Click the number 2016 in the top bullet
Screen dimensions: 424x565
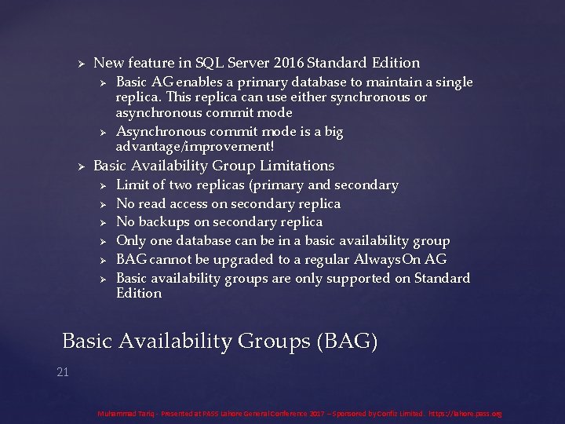point(290,63)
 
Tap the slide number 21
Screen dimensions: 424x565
point(63,371)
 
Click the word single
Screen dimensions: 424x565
point(454,82)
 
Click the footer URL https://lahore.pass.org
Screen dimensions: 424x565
point(465,413)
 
